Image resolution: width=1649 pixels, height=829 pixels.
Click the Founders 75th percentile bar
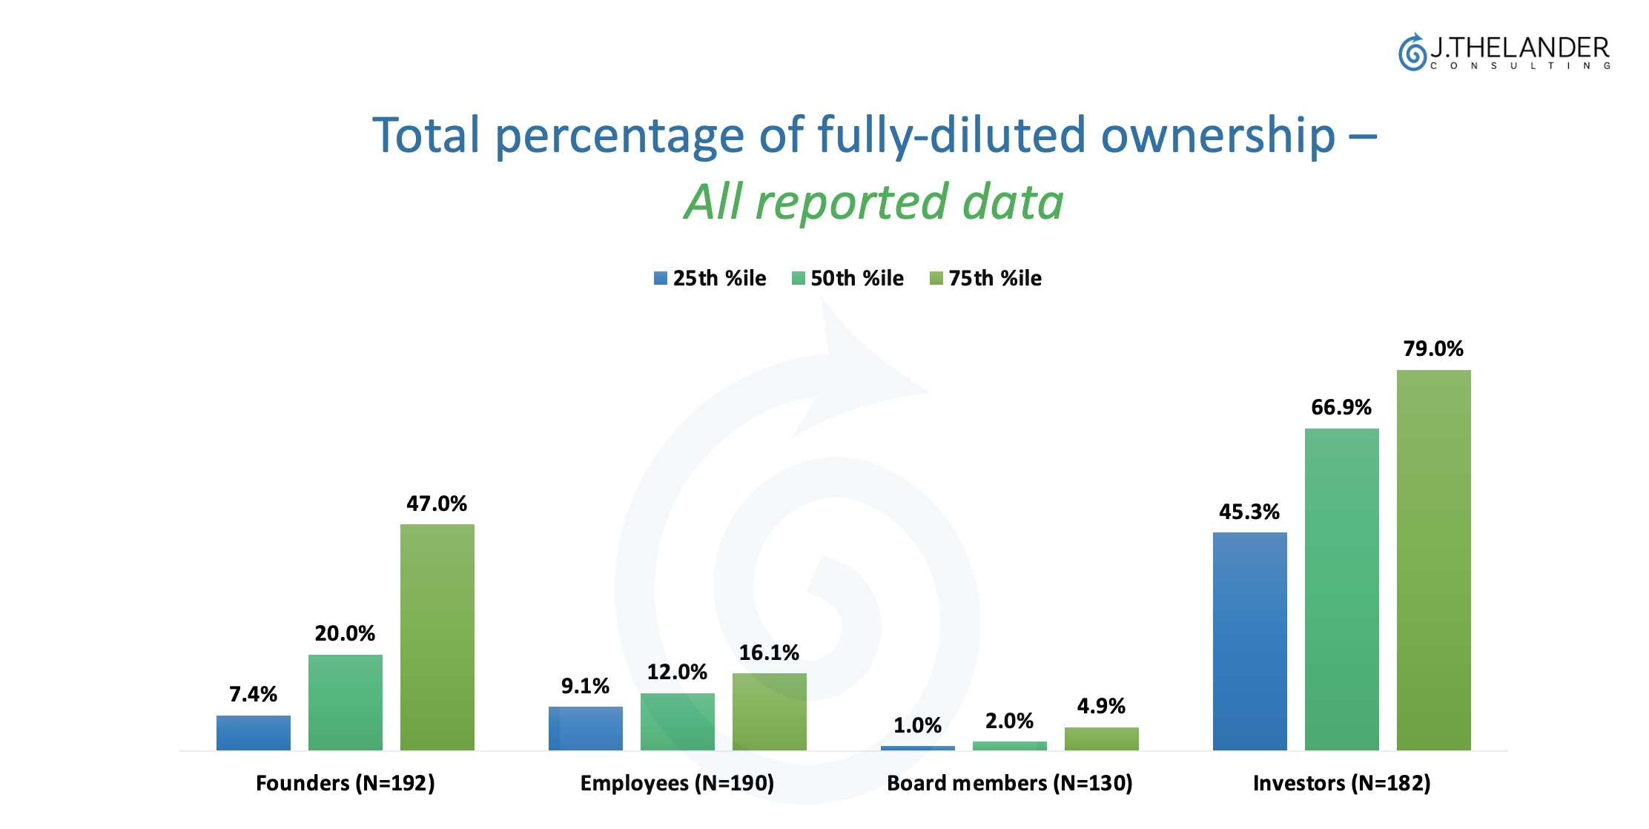(437, 637)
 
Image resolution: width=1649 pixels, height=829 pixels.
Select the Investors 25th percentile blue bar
(1249, 641)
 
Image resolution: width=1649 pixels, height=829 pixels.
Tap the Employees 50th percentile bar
(677, 721)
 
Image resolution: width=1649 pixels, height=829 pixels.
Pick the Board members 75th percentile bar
(1101, 739)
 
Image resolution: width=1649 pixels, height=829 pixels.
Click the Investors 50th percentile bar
(1341, 589)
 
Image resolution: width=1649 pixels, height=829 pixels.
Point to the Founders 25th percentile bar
(253, 733)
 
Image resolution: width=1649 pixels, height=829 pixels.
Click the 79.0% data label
(1432, 349)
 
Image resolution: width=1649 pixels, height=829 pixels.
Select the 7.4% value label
(253, 694)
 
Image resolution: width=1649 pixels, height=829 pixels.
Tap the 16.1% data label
(769, 653)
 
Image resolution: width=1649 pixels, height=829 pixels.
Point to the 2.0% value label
(1009, 721)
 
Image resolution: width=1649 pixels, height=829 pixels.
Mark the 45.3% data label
(1249, 512)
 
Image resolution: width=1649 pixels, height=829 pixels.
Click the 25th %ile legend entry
(710, 278)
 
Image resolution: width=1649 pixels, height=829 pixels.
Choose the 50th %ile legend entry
(848, 278)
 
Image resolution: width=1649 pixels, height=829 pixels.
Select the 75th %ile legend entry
(986, 278)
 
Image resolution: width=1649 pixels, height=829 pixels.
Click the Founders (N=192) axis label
(345, 783)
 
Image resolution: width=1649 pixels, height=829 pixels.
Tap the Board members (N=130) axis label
(1009, 783)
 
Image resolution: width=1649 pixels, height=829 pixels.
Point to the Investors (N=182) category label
(1341, 783)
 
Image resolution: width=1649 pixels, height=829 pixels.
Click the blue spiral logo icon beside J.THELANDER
(1412, 53)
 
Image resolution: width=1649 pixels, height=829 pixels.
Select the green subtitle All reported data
(873, 202)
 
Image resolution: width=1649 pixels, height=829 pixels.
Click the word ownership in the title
(1217, 136)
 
